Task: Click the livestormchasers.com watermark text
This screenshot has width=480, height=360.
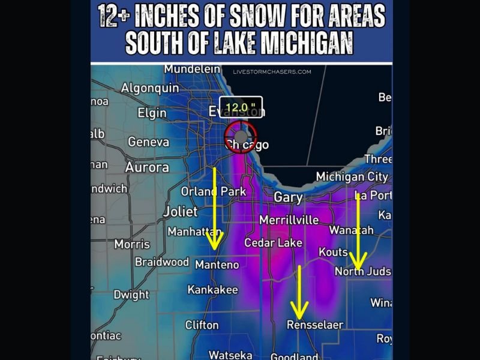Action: pyautogui.click(x=272, y=72)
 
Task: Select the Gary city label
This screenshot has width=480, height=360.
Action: pyautogui.click(x=288, y=197)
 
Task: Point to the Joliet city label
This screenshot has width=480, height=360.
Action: pyautogui.click(x=180, y=212)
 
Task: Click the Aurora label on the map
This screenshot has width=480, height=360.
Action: pyautogui.click(x=147, y=167)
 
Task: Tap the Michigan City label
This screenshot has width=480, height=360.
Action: pyautogui.click(x=352, y=177)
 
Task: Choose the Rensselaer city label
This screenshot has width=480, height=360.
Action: pyautogui.click(x=314, y=325)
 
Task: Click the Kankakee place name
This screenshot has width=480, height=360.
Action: pyautogui.click(x=212, y=290)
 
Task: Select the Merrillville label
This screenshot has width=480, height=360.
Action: pyautogui.click(x=289, y=220)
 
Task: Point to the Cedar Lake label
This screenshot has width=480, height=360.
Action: pyautogui.click(x=273, y=243)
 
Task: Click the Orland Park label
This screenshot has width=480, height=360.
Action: pyautogui.click(x=214, y=192)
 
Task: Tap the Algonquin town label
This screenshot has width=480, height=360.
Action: pyautogui.click(x=150, y=88)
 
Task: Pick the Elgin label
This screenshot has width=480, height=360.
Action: pyautogui.click(x=152, y=113)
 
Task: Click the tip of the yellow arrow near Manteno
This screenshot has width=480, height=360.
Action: pyautogui.click(x=213, y=247)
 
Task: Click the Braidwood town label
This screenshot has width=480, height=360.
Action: pyautogui.click(x=161, y=262)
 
